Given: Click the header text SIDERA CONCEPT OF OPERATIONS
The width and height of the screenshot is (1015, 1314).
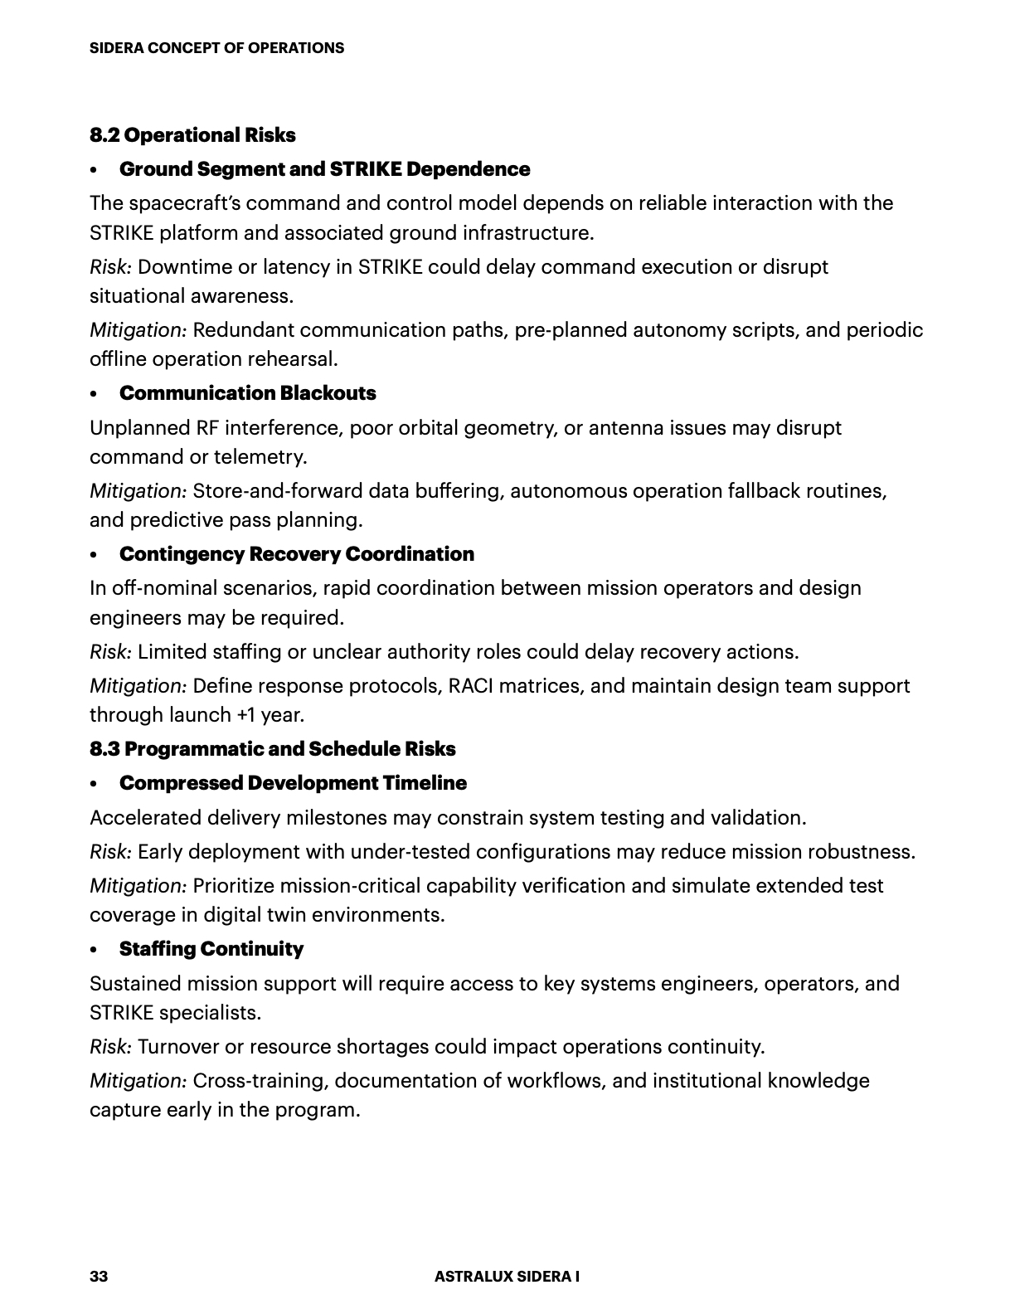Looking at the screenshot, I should tap(216, 48).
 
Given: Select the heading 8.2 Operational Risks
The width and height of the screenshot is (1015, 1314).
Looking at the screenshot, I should tap(192, 135).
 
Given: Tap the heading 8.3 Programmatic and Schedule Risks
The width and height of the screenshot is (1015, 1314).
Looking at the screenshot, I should tap(273, 749).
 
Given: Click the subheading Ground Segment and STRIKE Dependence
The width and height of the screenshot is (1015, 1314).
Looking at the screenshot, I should tap(324, 169).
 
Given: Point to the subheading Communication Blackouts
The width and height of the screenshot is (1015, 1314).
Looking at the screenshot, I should tap(247, 393).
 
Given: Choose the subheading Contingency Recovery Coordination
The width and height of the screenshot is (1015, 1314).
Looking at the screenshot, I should tap(296, 554).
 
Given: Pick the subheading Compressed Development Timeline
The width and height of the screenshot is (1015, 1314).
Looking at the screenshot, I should tap(293, 783).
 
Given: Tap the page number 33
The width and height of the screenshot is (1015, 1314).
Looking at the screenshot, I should tap(99, 1277).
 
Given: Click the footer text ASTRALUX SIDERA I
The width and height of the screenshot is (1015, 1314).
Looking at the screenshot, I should tap(507, 1277).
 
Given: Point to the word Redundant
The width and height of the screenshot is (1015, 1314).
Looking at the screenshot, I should tap(243, 330).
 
